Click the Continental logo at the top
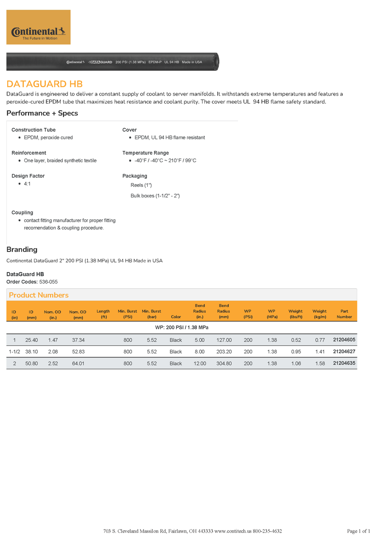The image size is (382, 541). (x=38, y=27)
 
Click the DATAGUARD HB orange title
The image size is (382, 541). (x=45, y=84)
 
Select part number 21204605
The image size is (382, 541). (x=344, y=340)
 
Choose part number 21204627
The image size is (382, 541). (x=344, y=352)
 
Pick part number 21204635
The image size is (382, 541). (x=344, y=363)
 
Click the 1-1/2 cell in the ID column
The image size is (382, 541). (x=14, y=352)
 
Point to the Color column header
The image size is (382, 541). (x=176, y=317)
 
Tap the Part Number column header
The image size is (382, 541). (x=344, y=314)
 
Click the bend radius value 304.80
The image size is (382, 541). (x=224, y=363)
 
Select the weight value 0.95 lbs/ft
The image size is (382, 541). (x=296, y=352)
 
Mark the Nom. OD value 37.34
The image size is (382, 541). (x=78, y=340)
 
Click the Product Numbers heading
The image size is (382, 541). (x=39, y=295)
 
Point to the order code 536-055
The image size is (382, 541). (x=48, y=282)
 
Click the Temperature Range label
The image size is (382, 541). (x=146, y=153)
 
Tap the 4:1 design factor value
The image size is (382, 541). (x=27, y=184)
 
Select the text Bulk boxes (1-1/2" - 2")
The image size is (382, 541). (x=155, y=196)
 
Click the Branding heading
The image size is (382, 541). (x=22, y=249)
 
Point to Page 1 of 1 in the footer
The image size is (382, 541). (x=359, y=531)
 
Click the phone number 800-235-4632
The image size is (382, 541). (x=267, y=531)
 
